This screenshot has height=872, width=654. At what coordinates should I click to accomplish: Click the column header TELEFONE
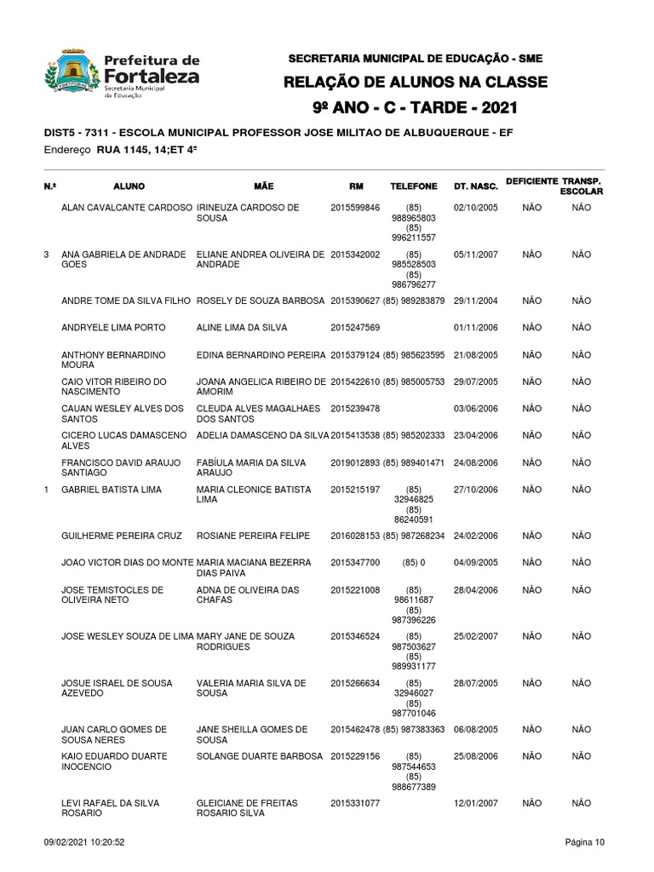pos(414,186)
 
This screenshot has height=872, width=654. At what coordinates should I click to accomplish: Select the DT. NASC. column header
pos(475,186)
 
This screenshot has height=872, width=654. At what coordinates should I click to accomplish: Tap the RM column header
pos(355,186)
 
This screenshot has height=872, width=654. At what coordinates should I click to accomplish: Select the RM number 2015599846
pos(355,208)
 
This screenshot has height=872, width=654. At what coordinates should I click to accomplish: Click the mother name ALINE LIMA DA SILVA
pos(242,328)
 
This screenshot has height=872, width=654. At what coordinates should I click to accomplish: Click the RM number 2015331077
pos(355,803)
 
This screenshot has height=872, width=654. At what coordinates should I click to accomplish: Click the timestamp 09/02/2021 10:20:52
pos(84,843)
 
